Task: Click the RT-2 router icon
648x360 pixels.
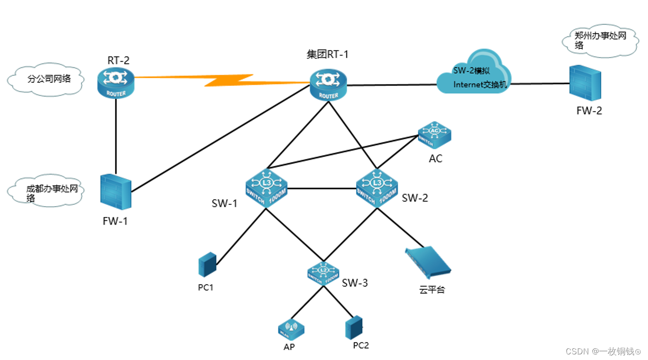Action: point(116,83)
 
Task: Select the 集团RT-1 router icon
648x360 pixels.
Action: point(328,85)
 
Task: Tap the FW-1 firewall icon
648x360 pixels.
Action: point(116,192)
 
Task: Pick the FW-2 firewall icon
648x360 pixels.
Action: point(585,84)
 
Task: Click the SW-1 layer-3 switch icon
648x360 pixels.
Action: point(266,188)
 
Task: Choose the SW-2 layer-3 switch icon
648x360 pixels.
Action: point(377,188)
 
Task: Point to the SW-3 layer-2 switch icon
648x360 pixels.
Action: point(323,272)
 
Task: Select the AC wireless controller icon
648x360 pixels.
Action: point(434,135)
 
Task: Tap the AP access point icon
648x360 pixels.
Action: point(291,329)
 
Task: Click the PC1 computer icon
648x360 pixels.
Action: point(207,265)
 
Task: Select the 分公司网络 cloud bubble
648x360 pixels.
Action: point(45,80)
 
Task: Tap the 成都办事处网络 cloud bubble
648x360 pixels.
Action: point(45,192)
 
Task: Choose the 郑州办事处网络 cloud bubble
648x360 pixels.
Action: point(599,42)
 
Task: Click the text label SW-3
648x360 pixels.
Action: point(355,283)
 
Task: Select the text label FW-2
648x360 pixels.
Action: point(589,111)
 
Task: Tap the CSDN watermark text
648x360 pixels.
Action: point(603,351)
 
